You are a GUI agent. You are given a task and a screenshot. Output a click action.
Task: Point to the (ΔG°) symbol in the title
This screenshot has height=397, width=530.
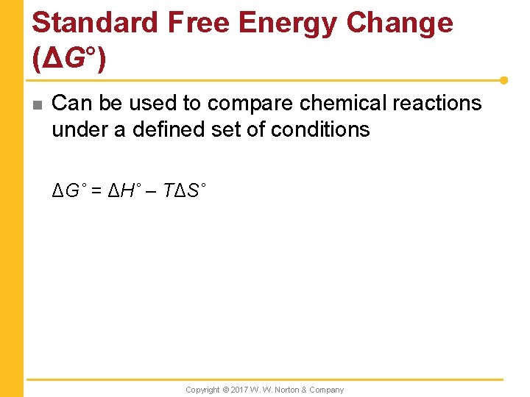pos(70,58)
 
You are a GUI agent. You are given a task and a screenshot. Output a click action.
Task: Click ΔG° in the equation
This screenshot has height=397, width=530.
pos(68,192)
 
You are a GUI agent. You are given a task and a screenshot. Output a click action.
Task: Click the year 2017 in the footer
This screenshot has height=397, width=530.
pos(241,390)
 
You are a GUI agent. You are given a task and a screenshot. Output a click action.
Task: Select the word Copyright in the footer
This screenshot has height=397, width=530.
pos(202,390)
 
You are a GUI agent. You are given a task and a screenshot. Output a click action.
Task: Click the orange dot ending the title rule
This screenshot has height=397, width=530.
pos(504,79)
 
